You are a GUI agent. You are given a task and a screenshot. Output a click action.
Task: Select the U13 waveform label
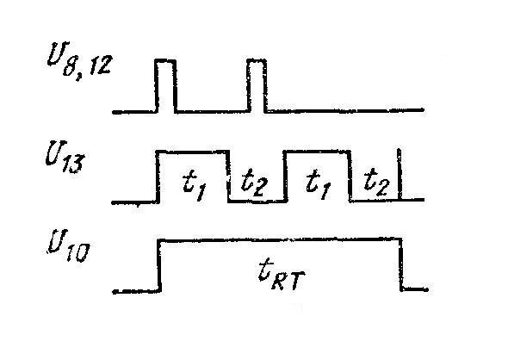click(65, 157)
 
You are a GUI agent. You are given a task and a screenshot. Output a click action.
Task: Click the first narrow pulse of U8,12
click(166, 85)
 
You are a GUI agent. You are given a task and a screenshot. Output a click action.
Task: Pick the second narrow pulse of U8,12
click(257, 85)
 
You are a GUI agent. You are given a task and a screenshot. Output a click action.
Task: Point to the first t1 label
click(194, 186)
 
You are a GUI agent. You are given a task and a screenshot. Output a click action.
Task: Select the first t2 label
click(254, 183)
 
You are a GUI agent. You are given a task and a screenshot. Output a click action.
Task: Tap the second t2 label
click(376, 183)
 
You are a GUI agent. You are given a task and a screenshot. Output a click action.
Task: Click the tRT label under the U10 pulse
click(282, 276)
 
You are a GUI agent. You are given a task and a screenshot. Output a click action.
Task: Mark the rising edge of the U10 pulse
click(159, 266)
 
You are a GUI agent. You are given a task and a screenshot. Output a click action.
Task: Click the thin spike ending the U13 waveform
click(400, 174)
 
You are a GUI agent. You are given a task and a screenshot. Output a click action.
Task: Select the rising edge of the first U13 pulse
click(158, 177)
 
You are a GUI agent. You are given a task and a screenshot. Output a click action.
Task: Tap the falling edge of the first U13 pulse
click(229, 176)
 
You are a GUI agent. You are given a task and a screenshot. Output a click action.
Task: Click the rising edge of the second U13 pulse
click(285, 176)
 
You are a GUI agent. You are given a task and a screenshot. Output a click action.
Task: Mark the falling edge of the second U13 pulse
click(350, 176)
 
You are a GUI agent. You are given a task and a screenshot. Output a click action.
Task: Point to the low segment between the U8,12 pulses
click(212, 112)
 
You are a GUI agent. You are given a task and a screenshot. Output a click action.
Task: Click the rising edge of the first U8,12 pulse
click(158, 86)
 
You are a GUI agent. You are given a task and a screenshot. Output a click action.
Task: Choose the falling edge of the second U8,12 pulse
click(266, 86)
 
